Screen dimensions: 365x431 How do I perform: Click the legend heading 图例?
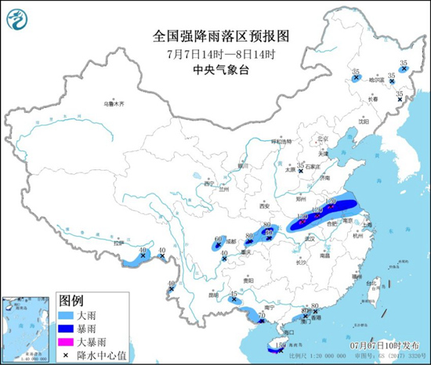71,301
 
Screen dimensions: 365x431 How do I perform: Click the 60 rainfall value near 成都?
219,239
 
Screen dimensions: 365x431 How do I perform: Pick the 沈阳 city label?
363,121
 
